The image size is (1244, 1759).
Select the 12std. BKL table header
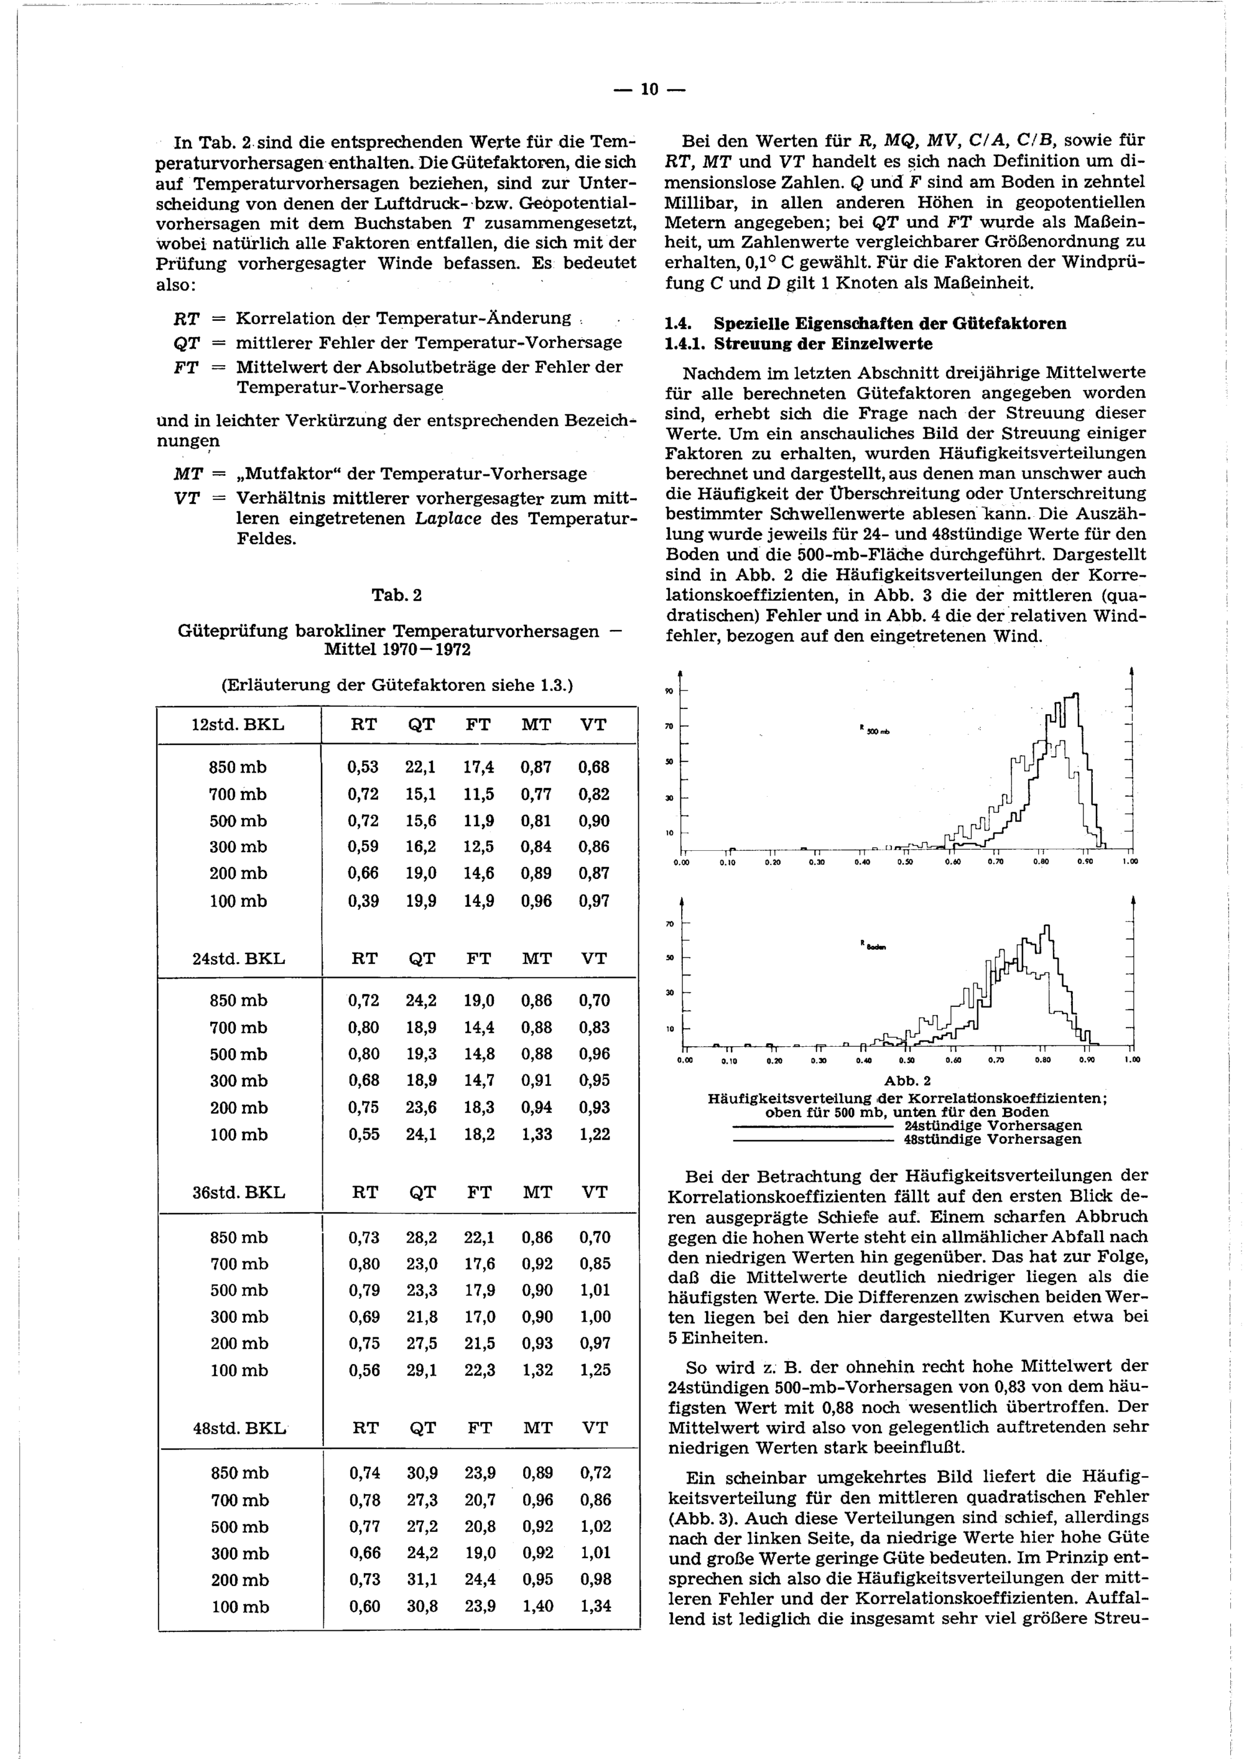(x=238, y=725)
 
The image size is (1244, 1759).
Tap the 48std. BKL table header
(x=238, y=1427)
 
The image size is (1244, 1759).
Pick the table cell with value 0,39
(x=364, y=901)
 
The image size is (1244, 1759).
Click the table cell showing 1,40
(x=537, y=1606)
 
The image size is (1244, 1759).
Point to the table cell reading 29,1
(x=421, y=1370)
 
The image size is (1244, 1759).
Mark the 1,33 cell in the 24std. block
(x=537, y=1134)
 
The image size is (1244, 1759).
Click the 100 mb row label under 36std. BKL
(x=239, y=1370)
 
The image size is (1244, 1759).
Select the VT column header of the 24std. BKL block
(x=593, y=958)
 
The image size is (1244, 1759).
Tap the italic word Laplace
(x=448, y=519)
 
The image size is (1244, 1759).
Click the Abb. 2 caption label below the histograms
(x=907, y=1081)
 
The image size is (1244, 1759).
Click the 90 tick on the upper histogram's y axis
(x=669, y=691)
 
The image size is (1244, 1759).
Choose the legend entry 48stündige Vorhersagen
(x=993, y=1139)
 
